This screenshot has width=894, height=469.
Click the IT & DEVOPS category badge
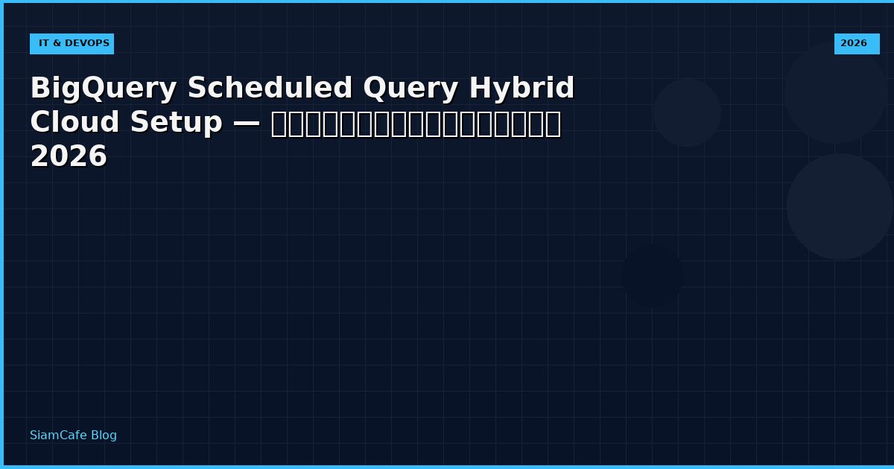72,44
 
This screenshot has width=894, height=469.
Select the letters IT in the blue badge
44,44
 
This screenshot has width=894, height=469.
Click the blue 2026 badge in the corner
856,44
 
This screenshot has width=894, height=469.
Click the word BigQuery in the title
104,89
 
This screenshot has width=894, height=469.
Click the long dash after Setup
247,124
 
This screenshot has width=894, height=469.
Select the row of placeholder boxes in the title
416,124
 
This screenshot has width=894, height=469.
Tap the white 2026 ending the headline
69,158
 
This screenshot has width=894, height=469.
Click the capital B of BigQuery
39,89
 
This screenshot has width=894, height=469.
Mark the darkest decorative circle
652,275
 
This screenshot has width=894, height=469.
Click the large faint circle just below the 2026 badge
835,93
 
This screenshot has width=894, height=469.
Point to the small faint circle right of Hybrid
687,112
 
